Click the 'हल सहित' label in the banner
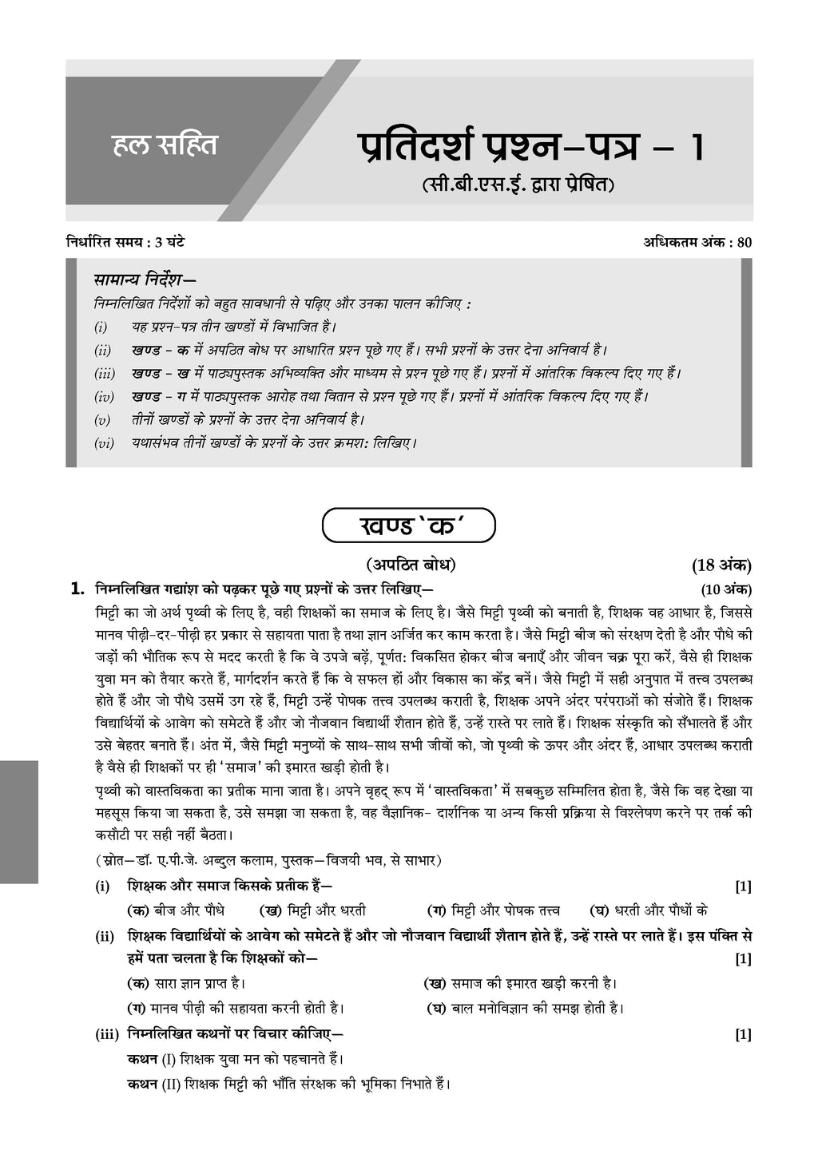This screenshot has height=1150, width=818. (164, 146)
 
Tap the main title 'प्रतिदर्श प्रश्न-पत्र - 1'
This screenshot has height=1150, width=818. (530, 149)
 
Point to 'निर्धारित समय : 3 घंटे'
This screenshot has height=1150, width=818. (126, 242)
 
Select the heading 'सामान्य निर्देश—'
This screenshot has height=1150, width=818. (145, 280)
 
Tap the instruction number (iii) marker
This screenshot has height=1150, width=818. (105, 373)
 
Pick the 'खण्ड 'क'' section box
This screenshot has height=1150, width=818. (408, 527)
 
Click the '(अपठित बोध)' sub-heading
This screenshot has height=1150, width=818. (411, 565)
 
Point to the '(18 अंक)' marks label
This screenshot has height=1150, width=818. (721, 566)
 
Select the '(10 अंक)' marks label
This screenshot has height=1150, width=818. (725, 590)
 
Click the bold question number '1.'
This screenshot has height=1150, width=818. (77, 590)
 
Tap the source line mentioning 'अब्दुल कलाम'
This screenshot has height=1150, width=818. (268, 860)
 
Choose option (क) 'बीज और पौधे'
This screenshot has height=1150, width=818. (176, 910)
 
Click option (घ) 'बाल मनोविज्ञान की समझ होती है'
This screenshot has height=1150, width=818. (523, 1009)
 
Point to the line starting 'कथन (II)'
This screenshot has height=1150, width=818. (289, 1084)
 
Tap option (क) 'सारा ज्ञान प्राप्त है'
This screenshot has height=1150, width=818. (186, 983)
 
